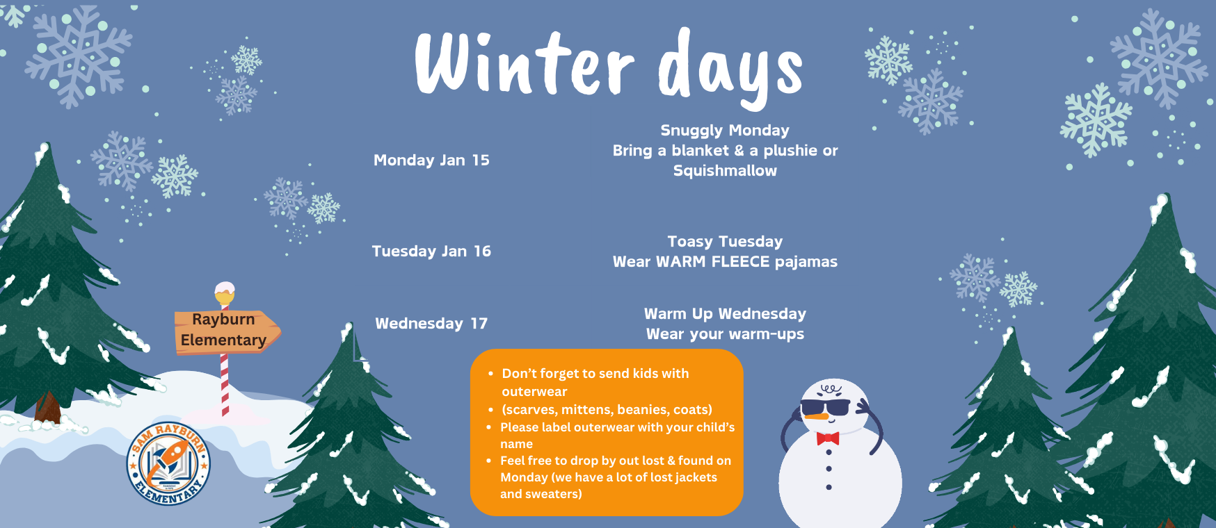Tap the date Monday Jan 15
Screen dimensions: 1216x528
431,160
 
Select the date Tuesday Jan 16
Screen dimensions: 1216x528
431,251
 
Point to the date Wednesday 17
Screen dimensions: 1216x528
431,324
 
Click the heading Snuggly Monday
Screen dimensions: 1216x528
725,131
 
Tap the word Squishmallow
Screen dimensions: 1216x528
725,171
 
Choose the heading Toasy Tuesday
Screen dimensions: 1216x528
725,242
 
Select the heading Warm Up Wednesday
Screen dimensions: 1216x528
725,314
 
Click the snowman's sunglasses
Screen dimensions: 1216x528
826,407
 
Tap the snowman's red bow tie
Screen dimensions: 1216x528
828,438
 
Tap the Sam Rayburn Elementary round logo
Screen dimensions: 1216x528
168,463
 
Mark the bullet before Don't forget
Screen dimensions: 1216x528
491,374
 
